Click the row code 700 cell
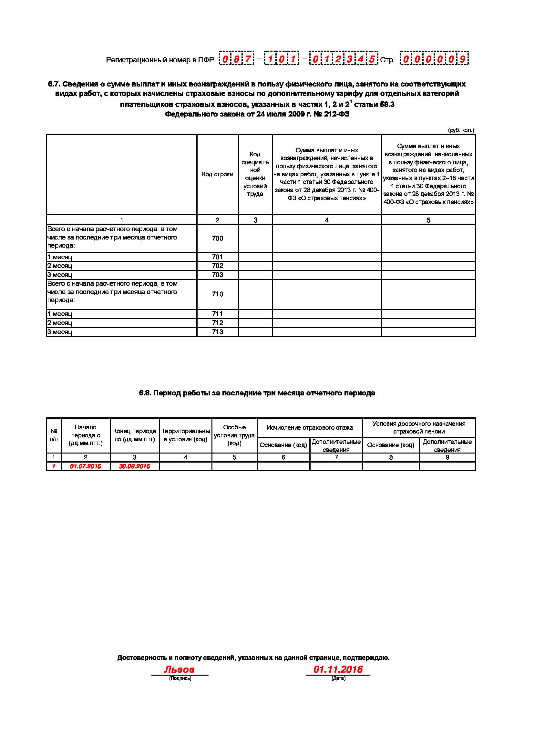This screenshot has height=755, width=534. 217,238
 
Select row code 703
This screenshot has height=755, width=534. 217,275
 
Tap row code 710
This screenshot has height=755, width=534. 217,294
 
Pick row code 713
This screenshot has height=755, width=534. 217,332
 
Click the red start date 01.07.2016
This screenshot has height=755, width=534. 85,466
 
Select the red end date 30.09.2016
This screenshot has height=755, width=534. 134,466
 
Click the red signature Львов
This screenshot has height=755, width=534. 179,669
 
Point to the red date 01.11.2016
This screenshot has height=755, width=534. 338,669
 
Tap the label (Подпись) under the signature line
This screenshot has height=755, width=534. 180,678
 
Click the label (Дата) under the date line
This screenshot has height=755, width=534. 338,678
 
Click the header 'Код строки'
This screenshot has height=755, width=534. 217,174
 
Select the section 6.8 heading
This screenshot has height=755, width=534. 257,393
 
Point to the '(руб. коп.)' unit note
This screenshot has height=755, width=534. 461,130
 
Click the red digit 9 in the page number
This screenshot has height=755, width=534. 463,59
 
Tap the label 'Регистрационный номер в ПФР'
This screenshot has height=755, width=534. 160,60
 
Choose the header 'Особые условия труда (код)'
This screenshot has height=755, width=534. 234,435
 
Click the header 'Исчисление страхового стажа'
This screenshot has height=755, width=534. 309,427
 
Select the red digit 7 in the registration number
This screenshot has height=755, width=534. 248,59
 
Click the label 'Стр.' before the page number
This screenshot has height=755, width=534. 387,60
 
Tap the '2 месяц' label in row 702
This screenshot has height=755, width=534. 59,266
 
